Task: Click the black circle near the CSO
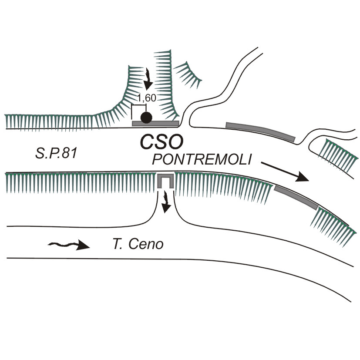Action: (x=146, y=117)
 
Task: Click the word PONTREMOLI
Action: (x=202, y=160)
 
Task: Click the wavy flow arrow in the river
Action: (x=69, y=246)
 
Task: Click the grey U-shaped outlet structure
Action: (x=165, y=180)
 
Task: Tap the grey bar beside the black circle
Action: (x=156, y=124)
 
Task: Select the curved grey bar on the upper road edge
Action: (x=260, y=131)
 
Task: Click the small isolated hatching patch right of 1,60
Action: (x=190, y=72)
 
